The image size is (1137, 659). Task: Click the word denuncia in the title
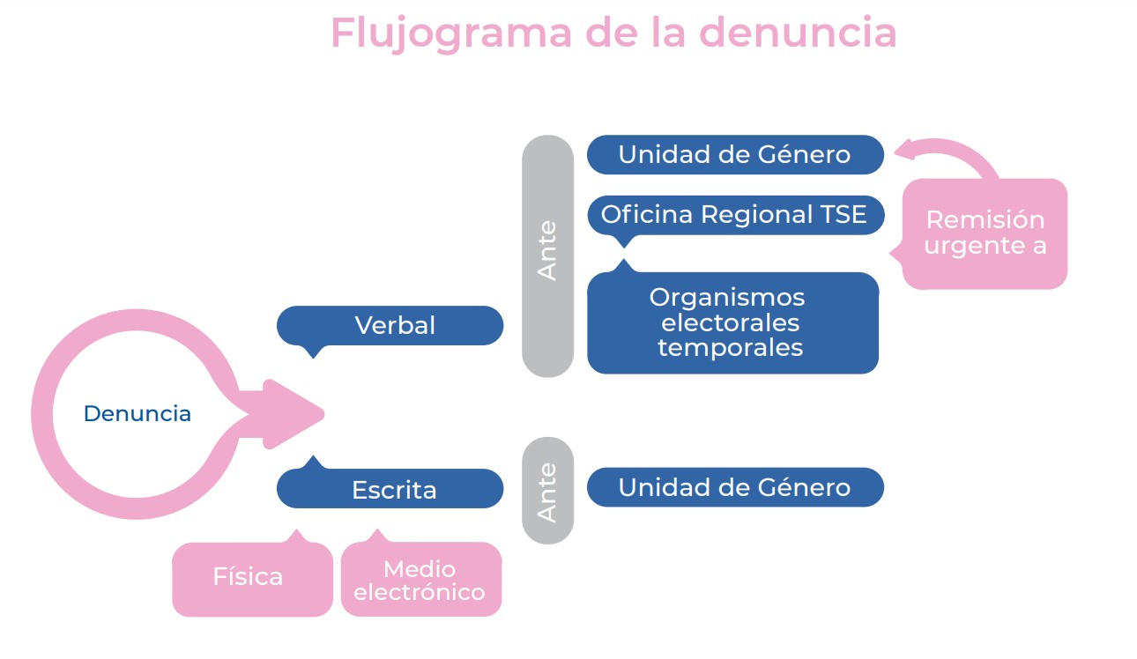pyautogui.click(x=798, y=33)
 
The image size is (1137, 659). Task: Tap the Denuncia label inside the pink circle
pyautogui.click(x=137, y=413)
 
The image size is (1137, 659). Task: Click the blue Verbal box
pyautogui.click(x=390, y=326)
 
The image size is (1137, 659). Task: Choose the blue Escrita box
pyautogui.click(x=390, y=487)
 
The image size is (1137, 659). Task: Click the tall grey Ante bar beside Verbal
pyautogui.click(x=547, y=256)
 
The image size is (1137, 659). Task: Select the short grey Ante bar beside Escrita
pyautogui.click(x=547, y=491)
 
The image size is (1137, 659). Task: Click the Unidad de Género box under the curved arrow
pyautogui.click(x=735, y=155)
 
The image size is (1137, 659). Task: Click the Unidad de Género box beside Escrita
pyautogui.click(x=735, y=487)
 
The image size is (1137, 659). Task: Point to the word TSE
pyautogui.click(x=843, y=214)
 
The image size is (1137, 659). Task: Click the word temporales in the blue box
pyautogui.click(x=731, y=348)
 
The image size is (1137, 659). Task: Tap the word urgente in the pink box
pyautogui.click(x=968, y=247)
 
